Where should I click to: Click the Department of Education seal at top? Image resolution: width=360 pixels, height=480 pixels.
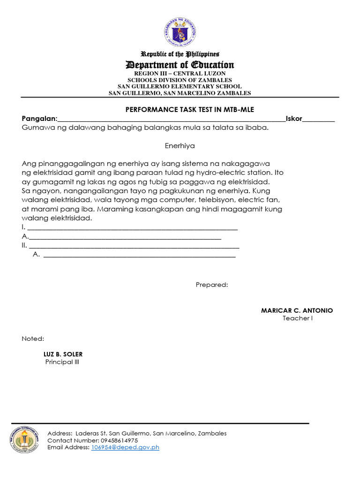pyautogui.click(x=180, y=32)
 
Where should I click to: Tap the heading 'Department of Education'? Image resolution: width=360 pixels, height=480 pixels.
pyautogui.click(x=180, y=65)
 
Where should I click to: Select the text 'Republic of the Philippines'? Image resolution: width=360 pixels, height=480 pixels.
pyautogui.click(x=180, y=54)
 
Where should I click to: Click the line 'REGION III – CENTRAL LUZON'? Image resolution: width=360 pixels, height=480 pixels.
pyautogui.click(x=180, y=74)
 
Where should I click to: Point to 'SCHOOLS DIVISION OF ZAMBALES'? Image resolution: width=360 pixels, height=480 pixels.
pyautogui.click(x=180, y=80)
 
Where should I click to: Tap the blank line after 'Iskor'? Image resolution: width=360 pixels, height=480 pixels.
pyautogui.click(x=319, y=120)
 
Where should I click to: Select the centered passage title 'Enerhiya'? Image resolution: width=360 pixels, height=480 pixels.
pyautogui.click(x=180, y=146)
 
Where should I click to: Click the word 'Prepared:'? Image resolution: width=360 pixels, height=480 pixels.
pyautogui.click(x=212, y=285)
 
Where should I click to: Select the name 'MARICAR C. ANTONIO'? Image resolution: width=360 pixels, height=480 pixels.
pyautogui.click(x=297, y=310)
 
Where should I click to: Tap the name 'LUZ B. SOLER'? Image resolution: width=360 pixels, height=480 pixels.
pyautogui.click(x=63, y=354)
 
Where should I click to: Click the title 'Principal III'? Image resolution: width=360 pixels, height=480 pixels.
pyautogui.click(x=59, y=362)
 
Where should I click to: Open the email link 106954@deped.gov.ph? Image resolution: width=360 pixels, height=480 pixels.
pyautogui.click(x=125, y=447)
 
